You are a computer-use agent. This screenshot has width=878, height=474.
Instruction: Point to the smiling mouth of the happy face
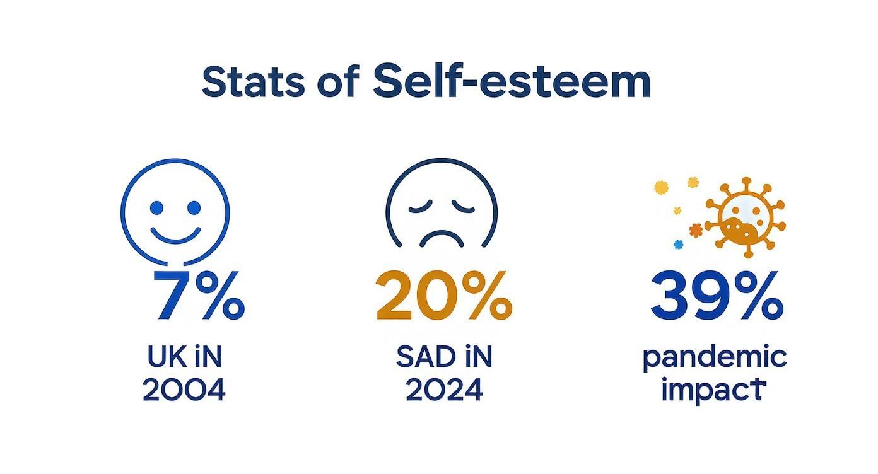point(175,236)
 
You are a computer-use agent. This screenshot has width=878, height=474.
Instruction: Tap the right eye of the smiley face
point(194,208)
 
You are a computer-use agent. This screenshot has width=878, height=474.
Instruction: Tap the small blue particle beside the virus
point(678,245)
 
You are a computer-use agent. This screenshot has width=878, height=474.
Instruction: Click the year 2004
point(184,391)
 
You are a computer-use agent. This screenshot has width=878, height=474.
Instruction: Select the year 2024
point(443,391)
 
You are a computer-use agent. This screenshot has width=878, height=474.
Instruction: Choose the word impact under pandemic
point(713,391)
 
